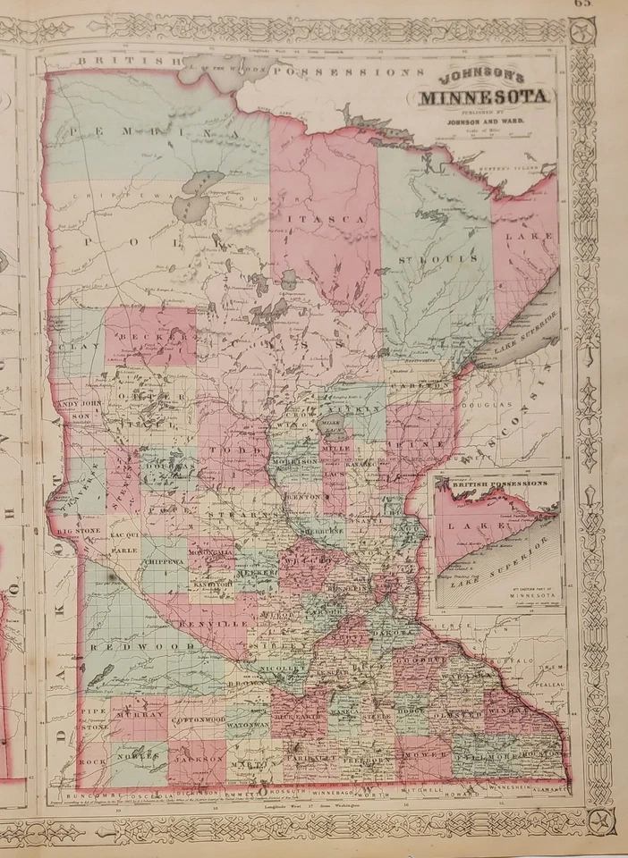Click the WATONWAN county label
pyautogui.click(x=248, y=722)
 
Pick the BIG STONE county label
pyautogui.click(x=77, y=531)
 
